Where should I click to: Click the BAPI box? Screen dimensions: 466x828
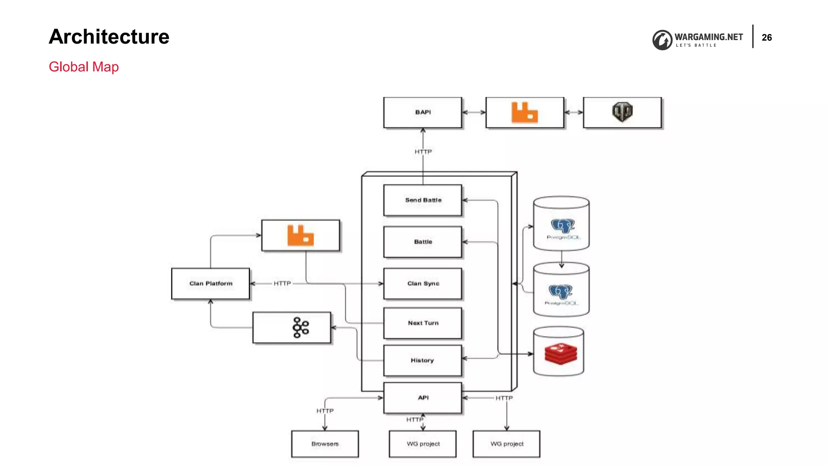(422, 112)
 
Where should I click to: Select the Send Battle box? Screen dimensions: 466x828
(422, 200)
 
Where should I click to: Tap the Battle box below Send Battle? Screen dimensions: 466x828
(422, 242)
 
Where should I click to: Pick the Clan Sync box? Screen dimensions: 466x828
(422, 284)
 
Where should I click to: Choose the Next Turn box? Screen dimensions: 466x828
(422, 323)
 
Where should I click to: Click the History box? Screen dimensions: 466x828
(422, 360)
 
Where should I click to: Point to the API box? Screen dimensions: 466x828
(422, 398)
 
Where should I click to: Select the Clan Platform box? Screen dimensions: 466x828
(211, 284)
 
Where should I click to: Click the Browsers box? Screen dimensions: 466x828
(325, 444)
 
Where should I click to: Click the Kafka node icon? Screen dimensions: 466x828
(300, 328)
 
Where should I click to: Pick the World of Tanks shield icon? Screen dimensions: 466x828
(622, 112)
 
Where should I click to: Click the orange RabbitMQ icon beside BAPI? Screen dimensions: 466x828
(524, 112)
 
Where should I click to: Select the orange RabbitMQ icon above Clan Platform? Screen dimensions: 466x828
(300, 235)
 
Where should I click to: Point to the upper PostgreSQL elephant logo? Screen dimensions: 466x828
(562, 226)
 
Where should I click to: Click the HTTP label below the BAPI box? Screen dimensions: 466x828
(423, 152)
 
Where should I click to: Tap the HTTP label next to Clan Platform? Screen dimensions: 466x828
(282, 284)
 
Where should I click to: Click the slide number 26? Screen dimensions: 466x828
(767, 38)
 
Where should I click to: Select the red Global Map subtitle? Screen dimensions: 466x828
(84, 67)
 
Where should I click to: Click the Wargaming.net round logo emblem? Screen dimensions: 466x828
(662, 40)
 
